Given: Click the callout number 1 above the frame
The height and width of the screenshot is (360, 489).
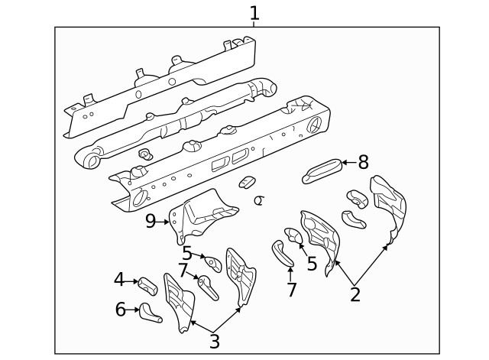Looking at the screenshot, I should (x=254, y=12).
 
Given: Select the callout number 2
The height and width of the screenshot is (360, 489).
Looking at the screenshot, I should (x=355, y=294).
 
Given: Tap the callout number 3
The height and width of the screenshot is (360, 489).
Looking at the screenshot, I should (x=215, y=341).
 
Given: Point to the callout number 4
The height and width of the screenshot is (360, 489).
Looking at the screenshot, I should (x=119, y=280).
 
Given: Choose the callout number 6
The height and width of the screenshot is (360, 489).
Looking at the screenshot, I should (x=120, y=310).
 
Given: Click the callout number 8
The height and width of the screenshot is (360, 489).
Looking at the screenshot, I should (x=363, y=162).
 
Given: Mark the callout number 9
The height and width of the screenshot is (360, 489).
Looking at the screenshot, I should (x=151, y=221).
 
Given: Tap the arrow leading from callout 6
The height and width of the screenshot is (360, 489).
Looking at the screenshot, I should (x=134, y=310).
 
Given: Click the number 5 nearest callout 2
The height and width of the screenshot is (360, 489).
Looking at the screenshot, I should (x=312, y=264).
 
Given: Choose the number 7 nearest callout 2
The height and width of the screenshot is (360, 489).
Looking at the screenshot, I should (x=290, y=290).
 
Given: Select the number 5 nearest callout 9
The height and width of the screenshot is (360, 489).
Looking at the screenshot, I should (x=187, y=253).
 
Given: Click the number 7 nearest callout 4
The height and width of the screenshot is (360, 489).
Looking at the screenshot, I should (x=183, y=270).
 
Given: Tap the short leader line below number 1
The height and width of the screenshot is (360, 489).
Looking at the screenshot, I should (x=254, y=24).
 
